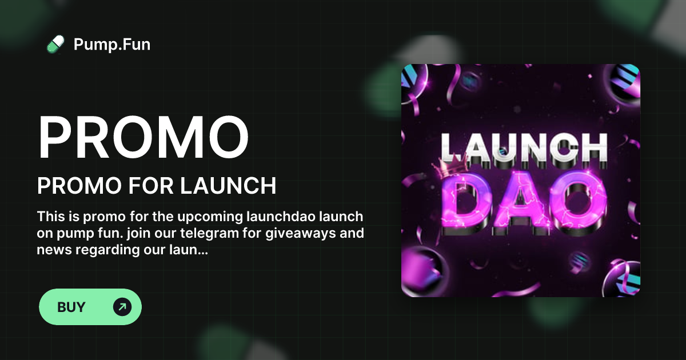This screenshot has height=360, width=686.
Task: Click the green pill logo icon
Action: pyautogui.click(x=55, y=44)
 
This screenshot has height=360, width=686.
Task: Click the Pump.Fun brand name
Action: pyautogui.click(x=112, y=44)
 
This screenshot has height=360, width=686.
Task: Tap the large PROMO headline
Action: pyautogui.click(x=143, y=139)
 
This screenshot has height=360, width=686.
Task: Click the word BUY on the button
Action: pyautogui.click(x=71, y=307)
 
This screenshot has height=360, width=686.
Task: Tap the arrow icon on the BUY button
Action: pyautogui.click(x=122, y=307)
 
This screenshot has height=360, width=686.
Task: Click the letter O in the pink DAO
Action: pyautogui.click(x=578, y=200)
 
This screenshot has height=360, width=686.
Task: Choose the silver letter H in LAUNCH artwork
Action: pyautogui.click(x=592, y=147)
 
